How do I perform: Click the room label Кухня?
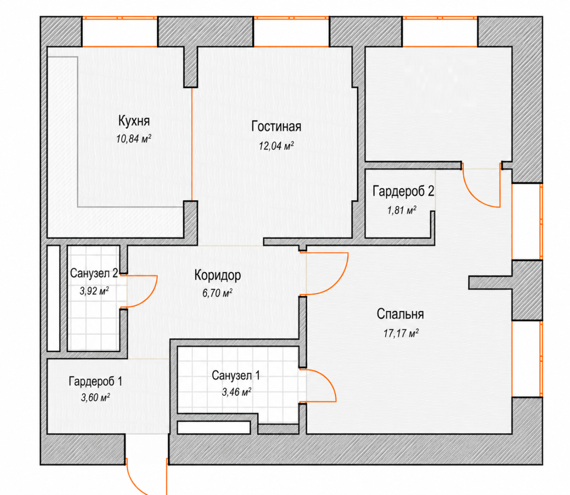point(134,121)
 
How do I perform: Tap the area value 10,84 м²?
point(134,139)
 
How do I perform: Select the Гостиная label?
point(276,127)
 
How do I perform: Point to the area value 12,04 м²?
point(276,146)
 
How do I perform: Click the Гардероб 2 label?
point(404,191)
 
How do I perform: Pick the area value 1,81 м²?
point(402,210)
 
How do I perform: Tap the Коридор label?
point(217,275)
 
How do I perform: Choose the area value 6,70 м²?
point(217,293)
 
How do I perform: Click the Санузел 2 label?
point(94,273)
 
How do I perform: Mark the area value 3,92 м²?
point(94,291)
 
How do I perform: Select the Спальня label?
point(400,314)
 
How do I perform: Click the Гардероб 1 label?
point(96,381)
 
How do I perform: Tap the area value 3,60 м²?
point(95,397)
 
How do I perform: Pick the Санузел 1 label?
point(236,375)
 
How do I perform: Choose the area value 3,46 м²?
point(236,392)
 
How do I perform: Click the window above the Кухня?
point(120,32)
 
